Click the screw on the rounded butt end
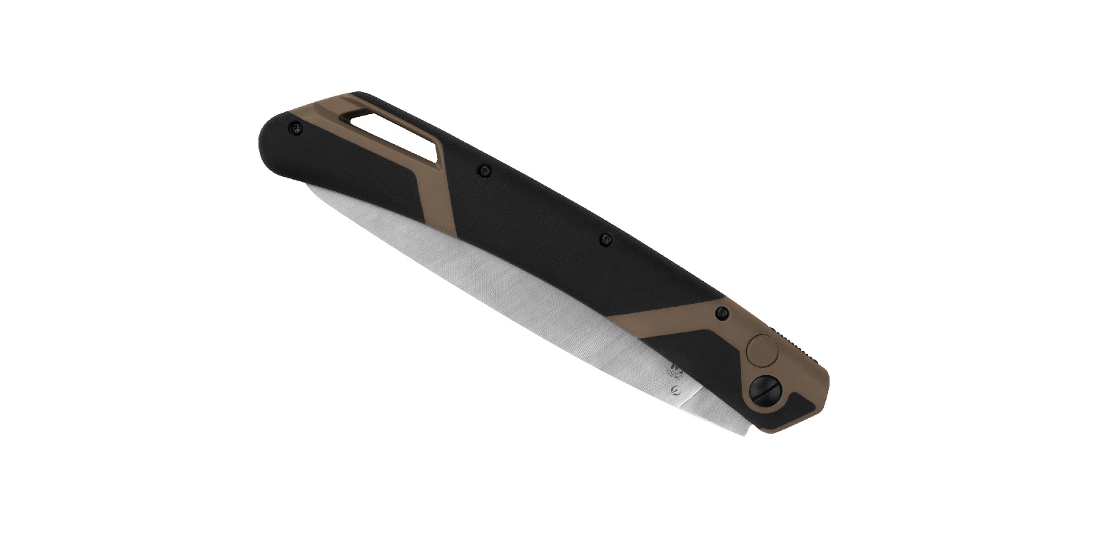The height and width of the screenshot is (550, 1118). pyautogui.click(x=295, y=128)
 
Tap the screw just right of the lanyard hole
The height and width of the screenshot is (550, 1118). pyautogui.click(x=485, y=170)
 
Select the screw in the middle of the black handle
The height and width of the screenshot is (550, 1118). pyautogui.click(x=606, y=238)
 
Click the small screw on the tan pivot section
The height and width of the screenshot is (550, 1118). pyautogui.click(x=721, y=311)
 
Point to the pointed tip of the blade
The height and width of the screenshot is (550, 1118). pyautogui.click(x=306, y=188)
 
